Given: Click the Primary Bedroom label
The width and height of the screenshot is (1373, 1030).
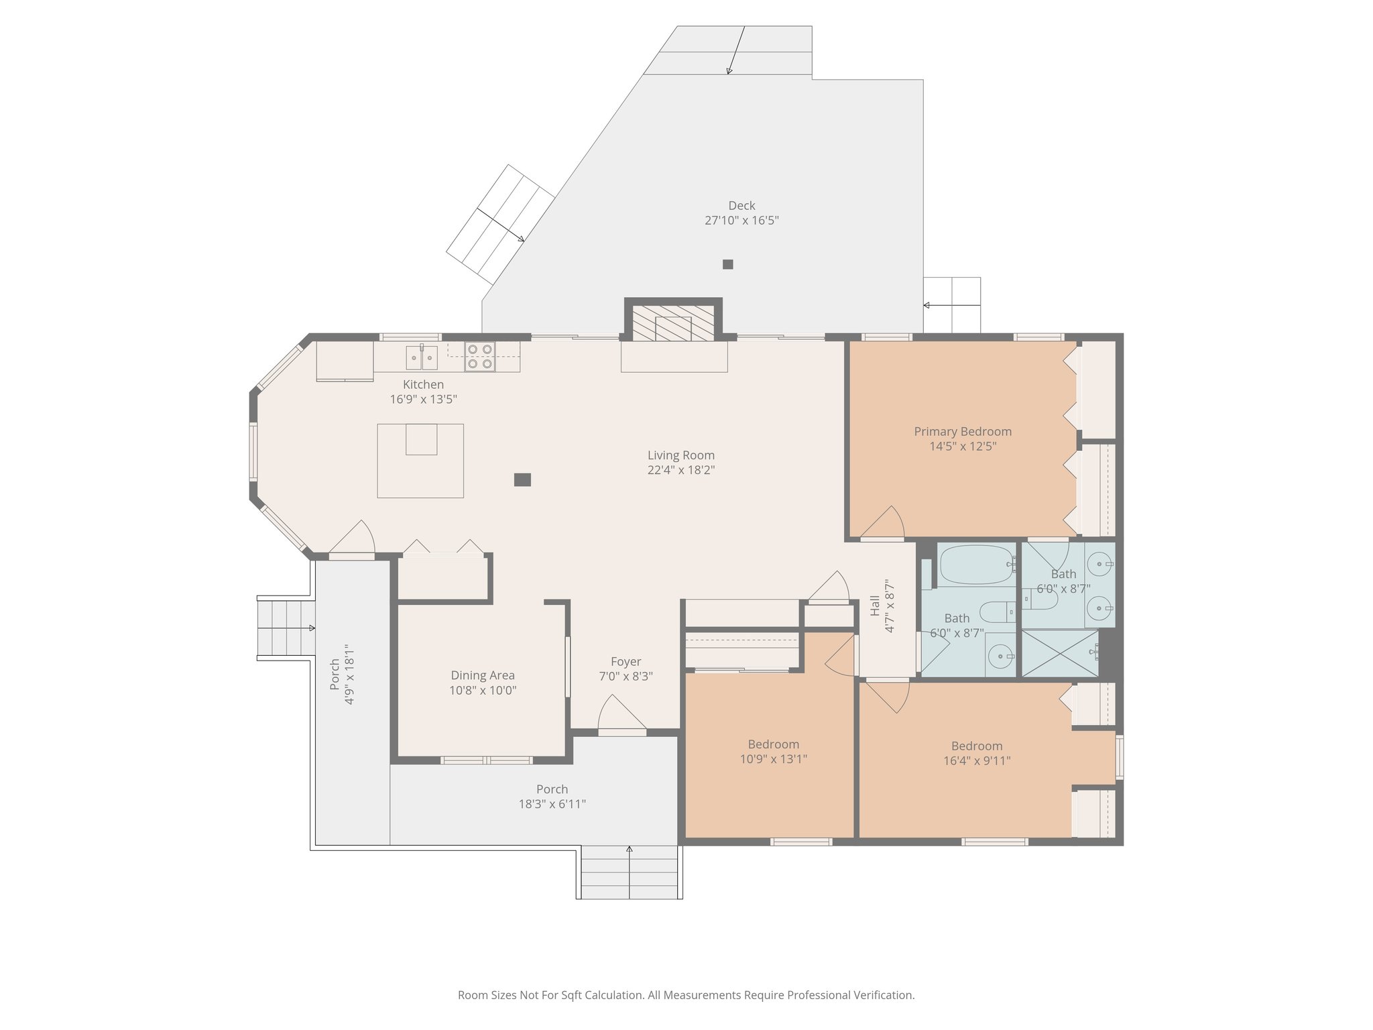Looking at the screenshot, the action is (963, 432).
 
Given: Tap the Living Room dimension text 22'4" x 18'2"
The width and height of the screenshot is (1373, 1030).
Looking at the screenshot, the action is (681, 470).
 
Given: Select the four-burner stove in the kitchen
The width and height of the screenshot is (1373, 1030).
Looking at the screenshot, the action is (480, 357).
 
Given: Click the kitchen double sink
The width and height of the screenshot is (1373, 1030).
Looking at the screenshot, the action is (422, 357).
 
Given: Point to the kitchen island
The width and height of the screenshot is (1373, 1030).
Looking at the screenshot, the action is (420, 461).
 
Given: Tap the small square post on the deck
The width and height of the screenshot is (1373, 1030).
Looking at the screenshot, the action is (728, 264).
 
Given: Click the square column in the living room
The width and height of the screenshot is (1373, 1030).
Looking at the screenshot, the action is (523, 479).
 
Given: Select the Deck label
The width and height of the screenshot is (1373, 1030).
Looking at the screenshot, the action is (741, 206).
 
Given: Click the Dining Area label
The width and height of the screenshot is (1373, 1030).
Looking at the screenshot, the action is (483, 676).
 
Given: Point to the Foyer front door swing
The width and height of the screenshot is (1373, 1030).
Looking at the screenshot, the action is (621, 712).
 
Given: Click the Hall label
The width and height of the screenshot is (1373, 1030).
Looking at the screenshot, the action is (875, 606).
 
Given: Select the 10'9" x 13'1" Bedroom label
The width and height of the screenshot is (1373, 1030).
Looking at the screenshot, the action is (774, 744).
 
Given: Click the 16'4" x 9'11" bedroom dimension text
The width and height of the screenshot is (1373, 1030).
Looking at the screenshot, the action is (977, 760).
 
